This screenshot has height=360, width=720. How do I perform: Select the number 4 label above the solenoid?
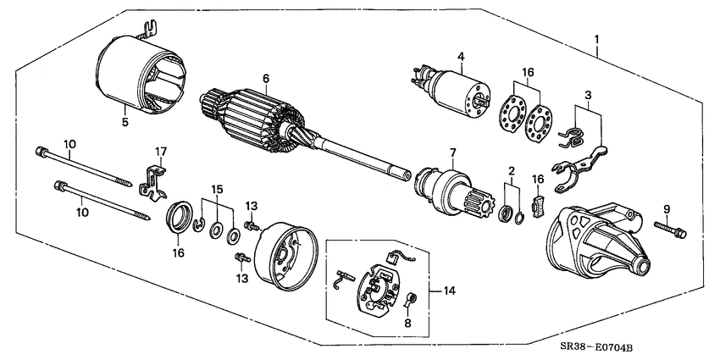click(x=461, y=58)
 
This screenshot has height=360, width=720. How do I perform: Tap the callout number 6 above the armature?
click(x=265, y=78)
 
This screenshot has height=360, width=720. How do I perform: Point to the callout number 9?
click(x=667, y=208)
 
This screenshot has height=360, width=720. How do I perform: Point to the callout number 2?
click(x=510, y=171)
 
